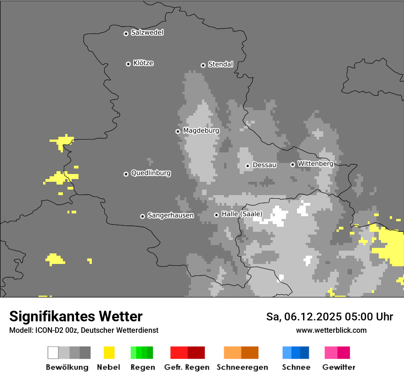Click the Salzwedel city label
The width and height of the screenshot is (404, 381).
tap(147, 33)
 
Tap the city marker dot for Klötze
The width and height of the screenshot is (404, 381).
tap(128, 64)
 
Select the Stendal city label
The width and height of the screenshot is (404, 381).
tap(220, 64)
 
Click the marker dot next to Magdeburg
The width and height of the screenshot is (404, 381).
tap(178, 131)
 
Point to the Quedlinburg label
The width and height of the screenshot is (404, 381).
tap(151, 173)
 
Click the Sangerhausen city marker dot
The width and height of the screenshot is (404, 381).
tap(142, 216)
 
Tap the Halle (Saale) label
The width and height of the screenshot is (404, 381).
tap(242, 214)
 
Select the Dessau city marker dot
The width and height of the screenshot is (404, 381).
tap(247, 166)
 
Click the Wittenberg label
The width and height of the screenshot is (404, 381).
tap(315, 163)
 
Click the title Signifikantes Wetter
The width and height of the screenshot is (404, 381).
tap(76, 317)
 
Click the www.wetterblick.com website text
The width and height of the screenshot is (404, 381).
tap(331, 331)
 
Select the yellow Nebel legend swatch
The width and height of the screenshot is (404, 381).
tap(109, 353)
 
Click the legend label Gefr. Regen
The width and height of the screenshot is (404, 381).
tap(186, 367)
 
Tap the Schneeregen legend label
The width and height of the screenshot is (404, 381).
tap(242, 367)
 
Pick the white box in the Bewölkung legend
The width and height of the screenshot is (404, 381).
tap(53, 353)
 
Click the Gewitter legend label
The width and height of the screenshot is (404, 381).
tap(338, 367)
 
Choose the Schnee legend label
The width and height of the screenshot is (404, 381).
tap(296, 367)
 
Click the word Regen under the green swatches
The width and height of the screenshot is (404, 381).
tap(142, 367)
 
